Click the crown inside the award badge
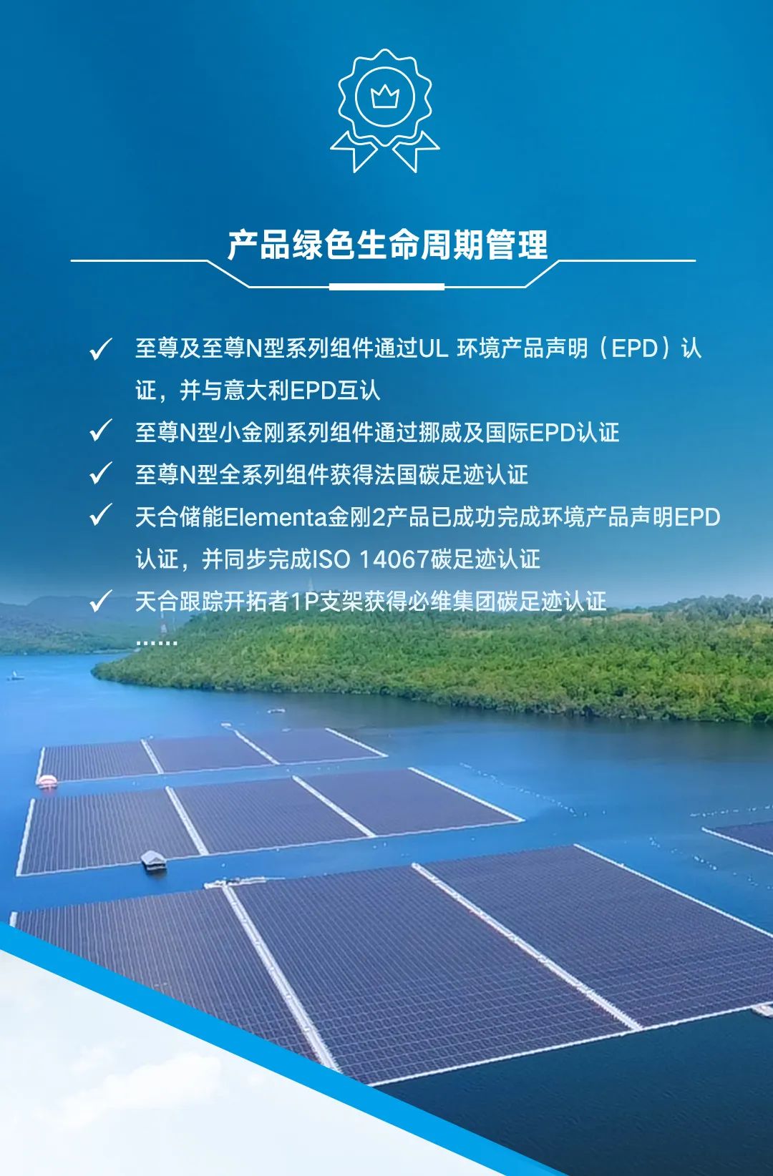click(385, 97)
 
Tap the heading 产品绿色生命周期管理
click(387, 245)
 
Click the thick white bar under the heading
click(386, 287)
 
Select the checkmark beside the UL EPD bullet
click(101, 349)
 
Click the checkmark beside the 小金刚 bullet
click(101, 431)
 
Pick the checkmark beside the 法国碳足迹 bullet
click(101, 473)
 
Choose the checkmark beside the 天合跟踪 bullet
click(101, 601)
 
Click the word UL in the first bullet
click(433, 348)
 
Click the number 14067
click(394, 559)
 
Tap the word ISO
click(331, 559)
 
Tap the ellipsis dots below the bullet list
click(157, 642)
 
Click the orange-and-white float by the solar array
click(47, 780)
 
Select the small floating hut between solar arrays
click(153, 860)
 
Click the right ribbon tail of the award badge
click(416, 152)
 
